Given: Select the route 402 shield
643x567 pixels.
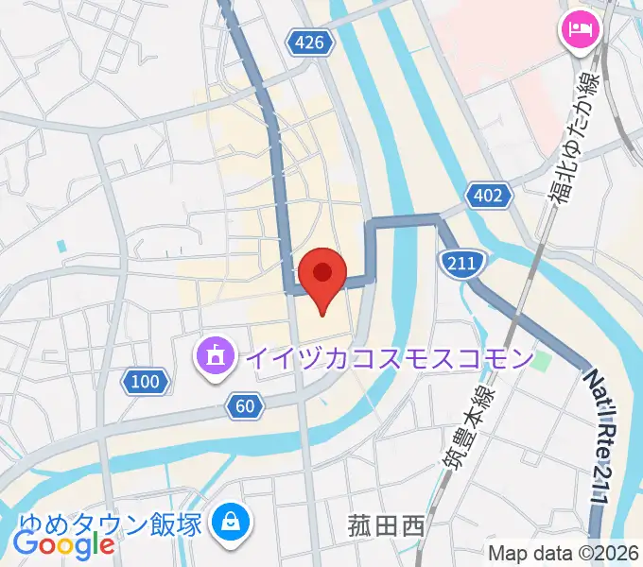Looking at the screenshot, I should (x=489, y=197).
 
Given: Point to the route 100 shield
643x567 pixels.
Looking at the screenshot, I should (x=146, y=382).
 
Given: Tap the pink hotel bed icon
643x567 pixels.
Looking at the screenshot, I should (x=580, y=29).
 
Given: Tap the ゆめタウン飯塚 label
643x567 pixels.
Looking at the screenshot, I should (x=110, y=523).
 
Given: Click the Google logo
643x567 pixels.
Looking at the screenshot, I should (x=64, y=544).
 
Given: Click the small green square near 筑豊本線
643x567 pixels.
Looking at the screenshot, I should (x=541, y=360).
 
